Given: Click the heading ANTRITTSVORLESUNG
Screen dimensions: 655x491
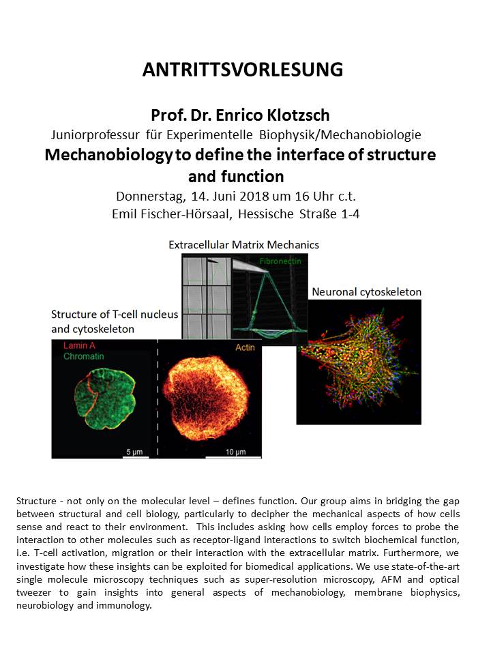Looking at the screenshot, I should click(242, 70).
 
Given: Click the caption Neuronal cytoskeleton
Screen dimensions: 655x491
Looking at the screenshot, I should click(366, 292).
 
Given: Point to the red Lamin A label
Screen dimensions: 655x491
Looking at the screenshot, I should click(77, 346).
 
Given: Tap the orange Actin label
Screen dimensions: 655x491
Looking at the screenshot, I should click(244, 347).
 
